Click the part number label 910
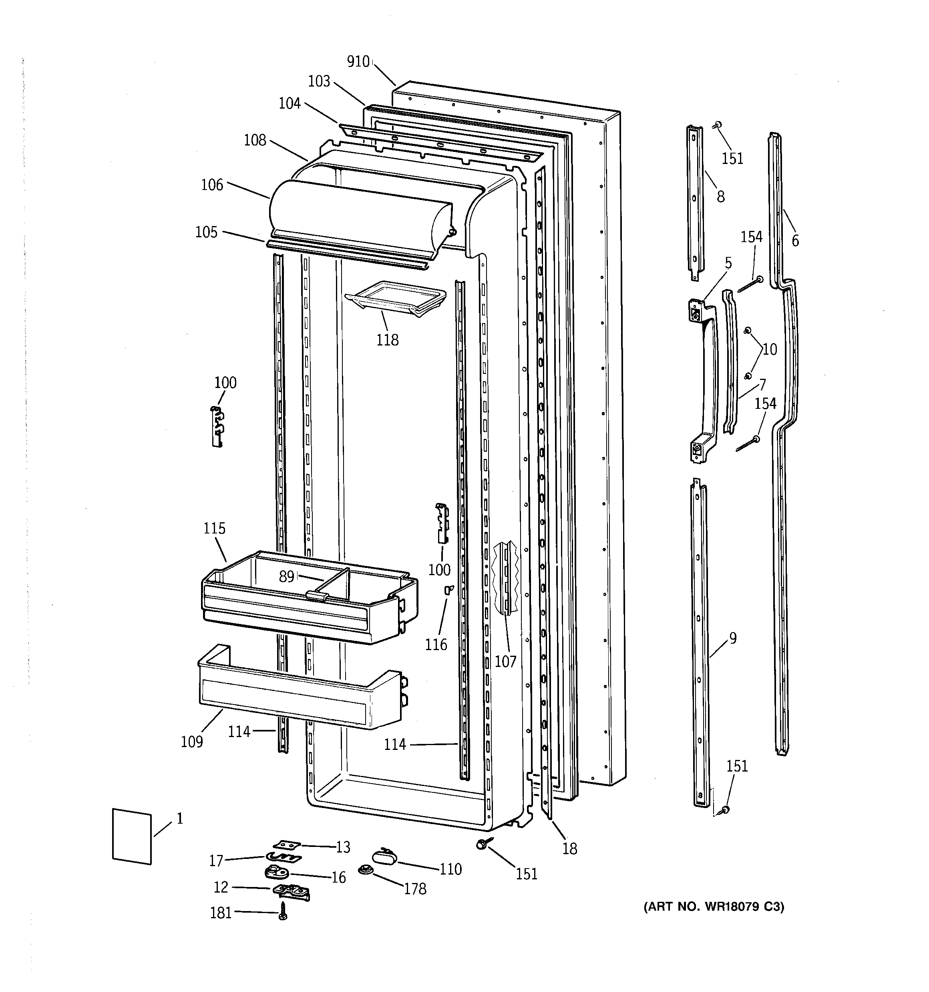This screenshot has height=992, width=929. pos(358,62)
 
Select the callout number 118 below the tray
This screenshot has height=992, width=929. pos(388,340)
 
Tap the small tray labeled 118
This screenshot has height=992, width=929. pos(396,298)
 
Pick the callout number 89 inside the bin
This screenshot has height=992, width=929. pos(286,576)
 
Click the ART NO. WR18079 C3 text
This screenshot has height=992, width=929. pos(714,907)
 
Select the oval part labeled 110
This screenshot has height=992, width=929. pos(384,856)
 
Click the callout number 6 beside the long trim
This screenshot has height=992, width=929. pos(795,241)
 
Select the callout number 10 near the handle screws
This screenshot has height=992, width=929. pos(770,349)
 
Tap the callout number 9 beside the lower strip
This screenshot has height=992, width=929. pos(732,638)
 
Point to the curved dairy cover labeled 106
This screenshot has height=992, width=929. pos(359,214)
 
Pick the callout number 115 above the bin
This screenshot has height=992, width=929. pos(214,528)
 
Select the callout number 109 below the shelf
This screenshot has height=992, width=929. pos(192,741)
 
